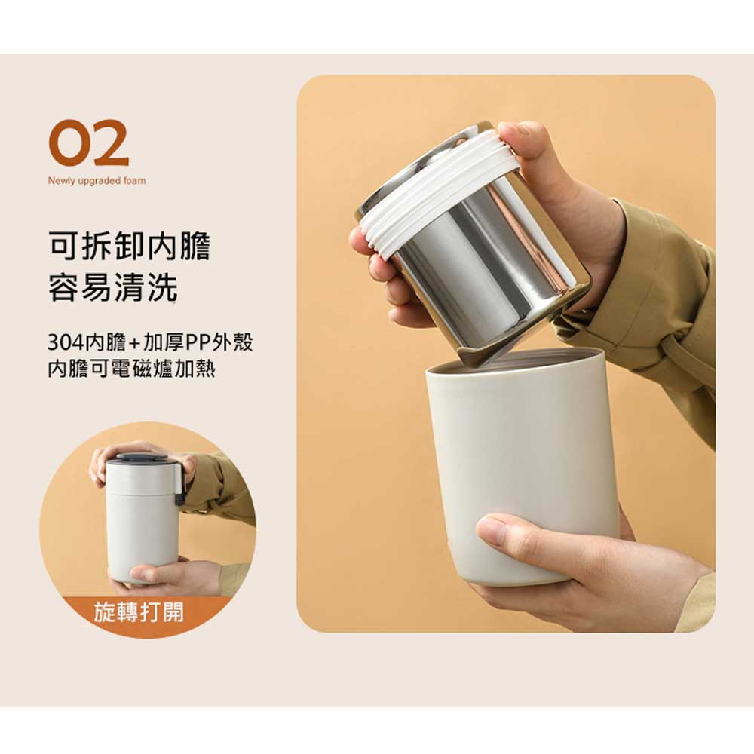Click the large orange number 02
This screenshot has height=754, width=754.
pos(89,143)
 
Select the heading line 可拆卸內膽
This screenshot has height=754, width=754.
pos(130,247)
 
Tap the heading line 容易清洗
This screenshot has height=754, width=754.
pos(113,287)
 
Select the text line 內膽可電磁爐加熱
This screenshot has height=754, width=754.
pos(131,369)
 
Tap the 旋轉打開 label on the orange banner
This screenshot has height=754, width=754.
pos(139,612)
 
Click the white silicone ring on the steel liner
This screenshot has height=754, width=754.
pos(440,192)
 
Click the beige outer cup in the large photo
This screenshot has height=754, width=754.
pos(522,461)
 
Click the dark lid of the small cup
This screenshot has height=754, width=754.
pos(143,457)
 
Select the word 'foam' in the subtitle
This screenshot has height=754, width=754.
pos(135,181)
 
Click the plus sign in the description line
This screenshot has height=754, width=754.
pos(135,343)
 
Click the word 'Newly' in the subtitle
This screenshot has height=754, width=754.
pos(62,181)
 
